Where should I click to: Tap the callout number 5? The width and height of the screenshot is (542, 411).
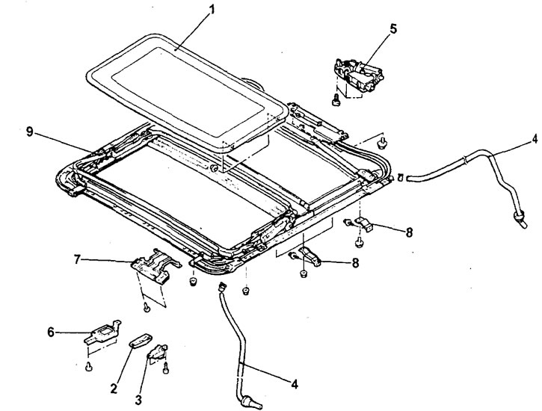(x=393, y=29)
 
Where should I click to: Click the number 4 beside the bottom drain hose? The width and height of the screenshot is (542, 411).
(x=295, y=384)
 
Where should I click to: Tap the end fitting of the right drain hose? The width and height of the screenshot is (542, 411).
(x=515, y=217)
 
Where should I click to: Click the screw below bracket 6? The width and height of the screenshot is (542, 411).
(x=88, y=365)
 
